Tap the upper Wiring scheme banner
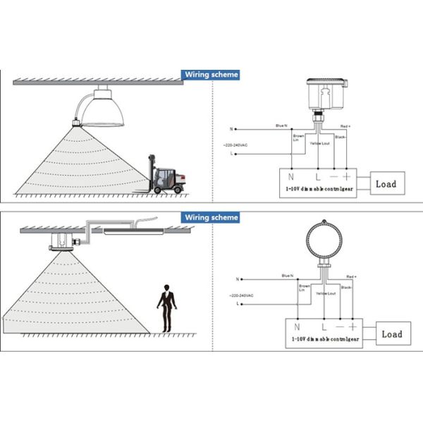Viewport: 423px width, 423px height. click(211, 74)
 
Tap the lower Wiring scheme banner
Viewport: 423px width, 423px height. click(211, 217)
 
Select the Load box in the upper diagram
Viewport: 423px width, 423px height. click(386, 184)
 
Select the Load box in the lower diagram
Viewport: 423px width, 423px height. click(391, 333)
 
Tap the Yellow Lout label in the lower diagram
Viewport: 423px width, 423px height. click(326, 292)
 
